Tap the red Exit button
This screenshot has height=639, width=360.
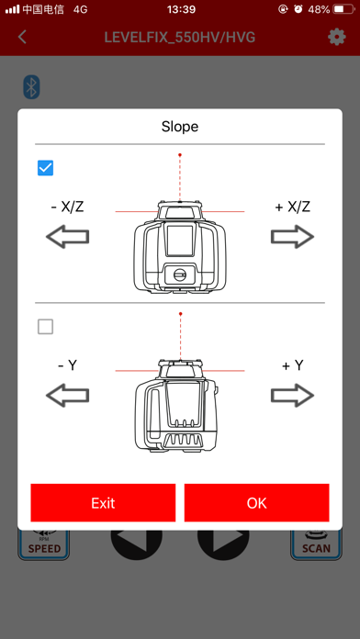pyautogui.click(x=103, y=502)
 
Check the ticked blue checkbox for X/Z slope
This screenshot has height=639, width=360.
pyautogui.click(x=45, y=168)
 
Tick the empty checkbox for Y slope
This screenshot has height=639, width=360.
pyautogui.click(x=45, y=327)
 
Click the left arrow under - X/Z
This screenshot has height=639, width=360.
pyautogui.click(x=67, y=236)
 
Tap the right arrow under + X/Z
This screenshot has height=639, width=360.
pyautogui.click(x=292, y=236)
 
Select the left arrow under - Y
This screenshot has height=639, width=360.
pyautogui.click(x=67, y=395)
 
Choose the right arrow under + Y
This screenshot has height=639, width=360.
pyautogui.click(x=292, y=395)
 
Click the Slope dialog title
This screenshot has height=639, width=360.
pyautogui.click(x=180, y=127)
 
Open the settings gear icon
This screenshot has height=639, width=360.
pyautogui.click(x=337, y=38)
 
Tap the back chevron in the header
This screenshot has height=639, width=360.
pyautogui.click(x=22, y=37)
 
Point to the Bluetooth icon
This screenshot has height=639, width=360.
pyautogui.click(x=31, y=87)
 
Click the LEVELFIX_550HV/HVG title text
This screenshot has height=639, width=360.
pyautogui.click(x=180, y=38)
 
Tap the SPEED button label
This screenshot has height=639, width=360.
pyautogui.click(x=44, y=548)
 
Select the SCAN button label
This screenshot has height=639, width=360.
pyautogui.click(x=316, y=548)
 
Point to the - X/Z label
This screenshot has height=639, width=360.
pyautogui.click(x=67, y=207)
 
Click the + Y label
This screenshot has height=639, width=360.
pyautogui.click(x=293, y=365)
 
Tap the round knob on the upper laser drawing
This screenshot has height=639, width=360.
pyautogui.click(x=179, y=275)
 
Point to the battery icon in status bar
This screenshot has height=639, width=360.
pyautogui.click(x=343, y=9)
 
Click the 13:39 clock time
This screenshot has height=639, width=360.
pyautogui.click(x=180, y=9)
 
